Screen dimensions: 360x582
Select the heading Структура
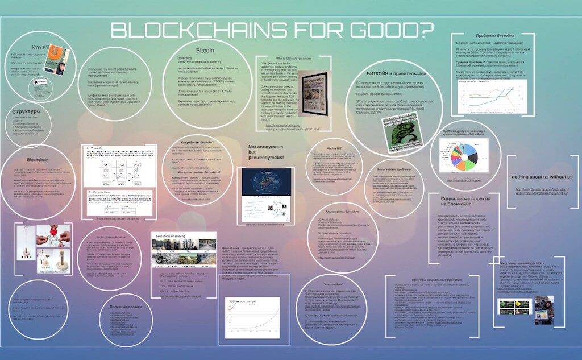coord(26,111)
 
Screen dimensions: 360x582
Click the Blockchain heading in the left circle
coord(38,160)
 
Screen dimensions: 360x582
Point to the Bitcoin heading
coord(205,51)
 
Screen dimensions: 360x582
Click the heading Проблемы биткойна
coord(487,36)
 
